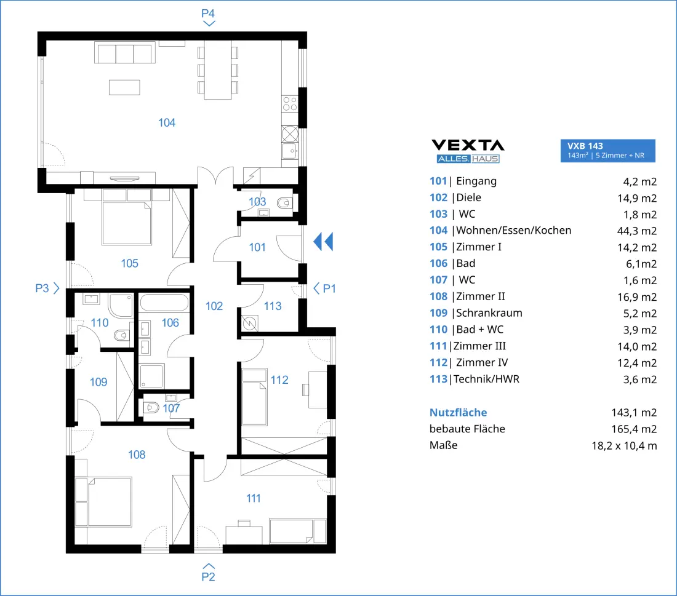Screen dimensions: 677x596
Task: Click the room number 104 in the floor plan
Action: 167,123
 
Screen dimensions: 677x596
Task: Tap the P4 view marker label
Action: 208,14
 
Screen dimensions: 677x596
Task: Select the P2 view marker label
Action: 208,576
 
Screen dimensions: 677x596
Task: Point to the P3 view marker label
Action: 42,288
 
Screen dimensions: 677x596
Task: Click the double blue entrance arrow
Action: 323,242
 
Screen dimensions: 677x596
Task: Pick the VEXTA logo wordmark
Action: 468,145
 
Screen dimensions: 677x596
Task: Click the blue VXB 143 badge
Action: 607,151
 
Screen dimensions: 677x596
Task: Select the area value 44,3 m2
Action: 637,231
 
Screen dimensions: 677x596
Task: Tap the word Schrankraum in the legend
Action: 489,313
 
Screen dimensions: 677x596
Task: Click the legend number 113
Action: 438,379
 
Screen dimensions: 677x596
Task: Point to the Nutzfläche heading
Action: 458,413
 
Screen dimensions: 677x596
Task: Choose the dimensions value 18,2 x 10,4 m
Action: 624,446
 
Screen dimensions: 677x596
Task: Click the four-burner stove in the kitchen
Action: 290,104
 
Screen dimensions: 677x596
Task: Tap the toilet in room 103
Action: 284,202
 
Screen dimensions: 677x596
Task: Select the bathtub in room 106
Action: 164,303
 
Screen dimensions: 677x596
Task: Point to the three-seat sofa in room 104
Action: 125,53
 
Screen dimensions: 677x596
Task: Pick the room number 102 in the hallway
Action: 214,306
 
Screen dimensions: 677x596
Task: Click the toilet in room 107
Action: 151,407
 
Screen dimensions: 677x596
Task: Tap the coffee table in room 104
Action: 124,87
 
